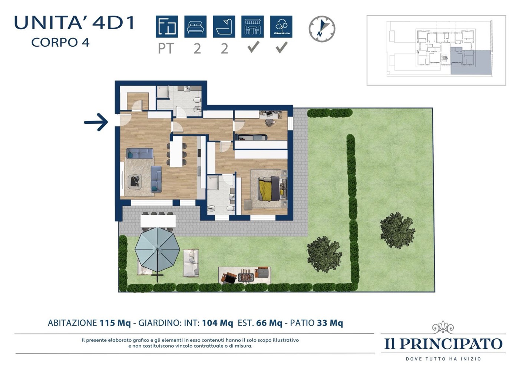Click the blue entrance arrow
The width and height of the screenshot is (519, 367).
click(96, 122)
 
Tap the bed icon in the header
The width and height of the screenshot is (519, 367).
click(195, 27)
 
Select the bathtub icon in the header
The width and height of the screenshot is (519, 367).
click(224, 27)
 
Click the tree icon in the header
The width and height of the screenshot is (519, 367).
click(281, 27)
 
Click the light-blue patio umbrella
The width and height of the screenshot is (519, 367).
click(157, 250)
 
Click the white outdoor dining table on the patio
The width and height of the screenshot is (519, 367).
click(158, 221)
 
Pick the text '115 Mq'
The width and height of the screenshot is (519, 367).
click(115, 323)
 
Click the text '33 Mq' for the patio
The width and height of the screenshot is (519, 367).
click(330, 323)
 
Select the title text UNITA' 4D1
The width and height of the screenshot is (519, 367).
click(75, 23)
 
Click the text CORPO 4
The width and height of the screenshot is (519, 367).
click(60, 42)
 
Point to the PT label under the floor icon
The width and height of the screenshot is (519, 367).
click(166, 49)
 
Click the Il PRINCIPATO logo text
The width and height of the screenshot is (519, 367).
click(443, 344)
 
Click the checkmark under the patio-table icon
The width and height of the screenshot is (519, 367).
click(253, 47)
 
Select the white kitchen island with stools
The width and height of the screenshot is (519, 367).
click(176, 152)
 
